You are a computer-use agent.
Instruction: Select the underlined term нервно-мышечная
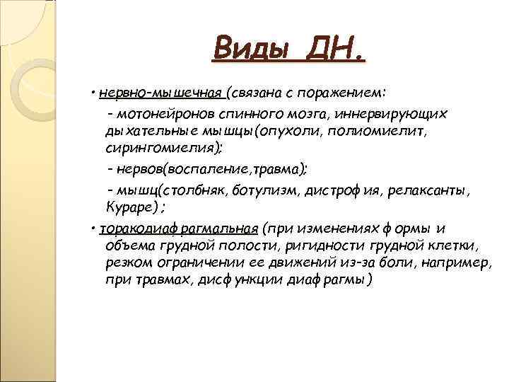(x=161, y=93)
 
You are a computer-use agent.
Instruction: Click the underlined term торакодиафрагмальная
(x=179, y=228)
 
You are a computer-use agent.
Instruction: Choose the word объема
(x=129, y=245)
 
